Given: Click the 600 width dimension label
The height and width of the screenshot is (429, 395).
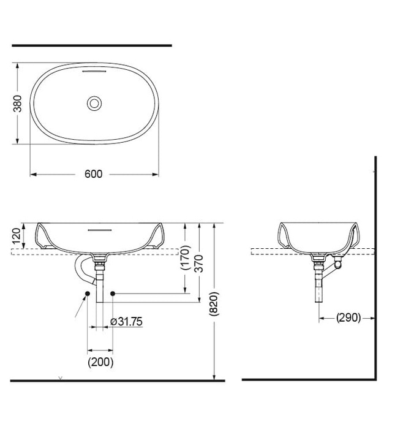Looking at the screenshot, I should [93, 174].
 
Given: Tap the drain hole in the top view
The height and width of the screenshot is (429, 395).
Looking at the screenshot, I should [94, 103].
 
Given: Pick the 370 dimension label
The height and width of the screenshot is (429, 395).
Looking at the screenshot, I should [199, 264].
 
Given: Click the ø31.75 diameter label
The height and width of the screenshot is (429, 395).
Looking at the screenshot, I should [126, 321].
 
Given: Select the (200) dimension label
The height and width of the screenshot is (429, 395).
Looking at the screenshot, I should [100, 362].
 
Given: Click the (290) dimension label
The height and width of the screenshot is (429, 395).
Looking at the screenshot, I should [347, 317].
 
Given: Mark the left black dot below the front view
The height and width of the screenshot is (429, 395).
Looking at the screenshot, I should [88, 295].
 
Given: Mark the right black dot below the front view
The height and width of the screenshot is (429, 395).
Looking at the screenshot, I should [113, 295].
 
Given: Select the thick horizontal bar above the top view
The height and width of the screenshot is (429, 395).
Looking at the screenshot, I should [92, 45].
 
